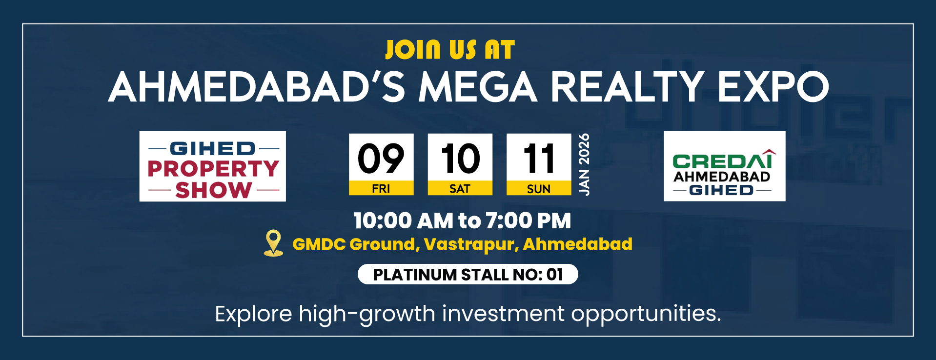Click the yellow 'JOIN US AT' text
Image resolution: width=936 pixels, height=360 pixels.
[x=450, y=50]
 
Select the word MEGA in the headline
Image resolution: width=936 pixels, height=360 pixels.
[x=478, y=87]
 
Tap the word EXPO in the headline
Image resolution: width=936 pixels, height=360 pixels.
[x=773, y=87]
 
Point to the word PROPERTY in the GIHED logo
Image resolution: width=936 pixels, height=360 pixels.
[x=213, y=169]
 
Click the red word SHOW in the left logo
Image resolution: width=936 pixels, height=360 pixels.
[x=214, y=190]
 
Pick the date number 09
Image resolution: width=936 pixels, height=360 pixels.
[x=381, y=159]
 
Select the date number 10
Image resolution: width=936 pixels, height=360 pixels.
[x=460, y=159]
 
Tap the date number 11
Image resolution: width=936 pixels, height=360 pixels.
[x=539, y=159]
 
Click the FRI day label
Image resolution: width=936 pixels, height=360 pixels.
[x=381, y=189]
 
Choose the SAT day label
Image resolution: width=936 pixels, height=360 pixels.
[x=460, y=189]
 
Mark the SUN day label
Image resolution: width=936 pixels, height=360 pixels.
[x=539, y=189]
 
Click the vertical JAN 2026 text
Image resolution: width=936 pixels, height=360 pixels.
[x=584, y=164]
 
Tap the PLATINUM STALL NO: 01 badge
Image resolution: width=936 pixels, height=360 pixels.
[x=468, y=274]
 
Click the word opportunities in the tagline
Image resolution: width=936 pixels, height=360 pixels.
[x=646, y=314]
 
